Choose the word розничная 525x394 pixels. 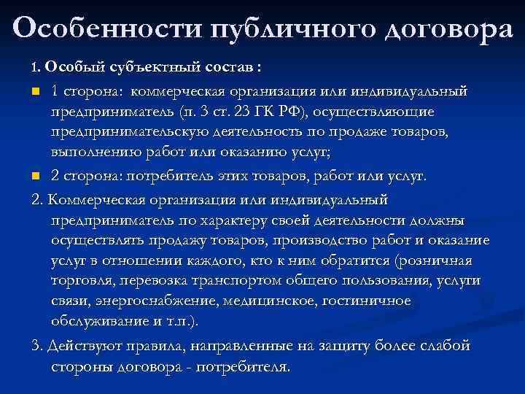click(x=435, y=261)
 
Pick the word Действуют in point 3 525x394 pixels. click(x=83, y=346)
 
